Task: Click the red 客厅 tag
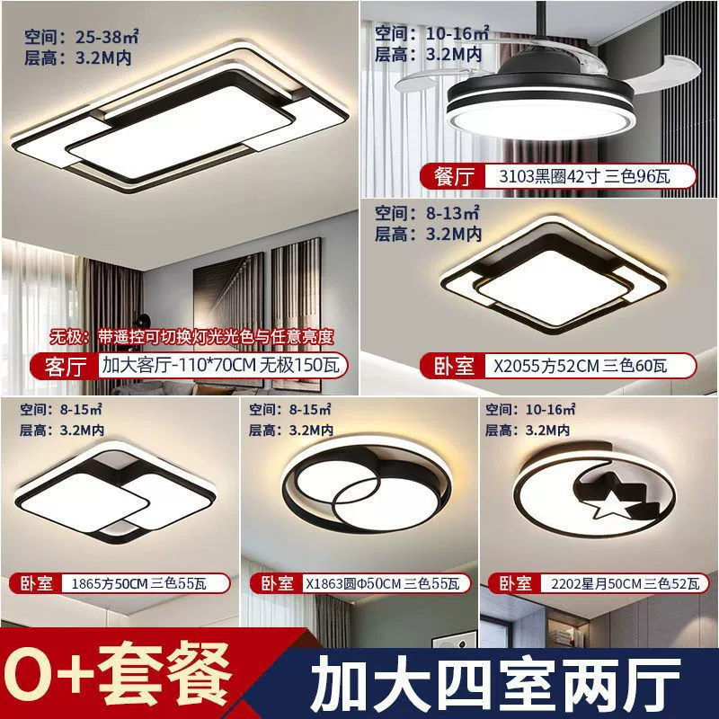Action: pyautogui.click(x=65, y=366)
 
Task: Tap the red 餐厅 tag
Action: pyautogui.click(x=453, y=176)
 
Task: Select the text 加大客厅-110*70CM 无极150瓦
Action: pyautogui.click(x=221, y=366)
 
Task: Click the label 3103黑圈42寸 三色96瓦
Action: pyautogui.click(x=584, y=176)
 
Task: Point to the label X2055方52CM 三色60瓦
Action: pyautogui.click(x=580, y=366)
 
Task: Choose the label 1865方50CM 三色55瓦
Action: pyautogui.click(x=139, y=583)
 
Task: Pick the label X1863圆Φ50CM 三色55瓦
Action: pyautogui.click(x=383, y=583)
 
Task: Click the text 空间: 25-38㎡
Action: pyautogui.click(x=81, y=37)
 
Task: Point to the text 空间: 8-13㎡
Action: pyautogui.click(x=427, y=213)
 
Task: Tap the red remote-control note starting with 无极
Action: pyautogui.click(x=191, y=337)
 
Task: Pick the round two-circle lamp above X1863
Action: pyautogui.click(x=367, y=487)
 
